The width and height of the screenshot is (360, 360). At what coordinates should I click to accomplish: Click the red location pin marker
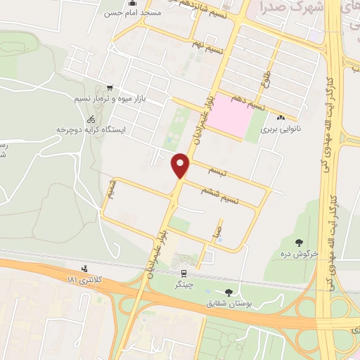coord(181,165)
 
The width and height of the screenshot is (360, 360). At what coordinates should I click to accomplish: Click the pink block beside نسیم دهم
coord(231,115)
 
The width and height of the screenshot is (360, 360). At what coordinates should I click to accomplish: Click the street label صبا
coord(219,229)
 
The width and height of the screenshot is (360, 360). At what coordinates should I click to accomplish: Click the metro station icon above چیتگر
coord(184,273)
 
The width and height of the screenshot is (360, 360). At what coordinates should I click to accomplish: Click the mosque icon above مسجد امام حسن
coord(131,3)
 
